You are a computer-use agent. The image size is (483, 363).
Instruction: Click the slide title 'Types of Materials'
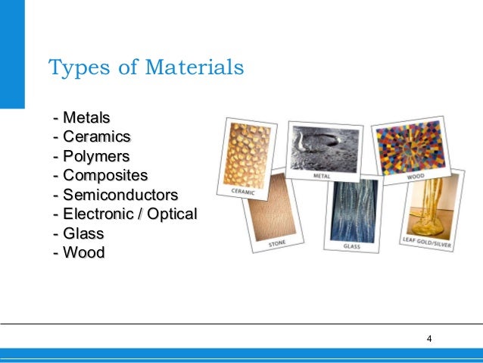pos(146,67)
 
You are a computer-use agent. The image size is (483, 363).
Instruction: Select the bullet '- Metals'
pos(82,118)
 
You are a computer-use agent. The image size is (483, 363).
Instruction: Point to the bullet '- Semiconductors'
pos(114,195)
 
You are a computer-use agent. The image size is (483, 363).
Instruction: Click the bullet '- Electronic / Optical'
pos(125,214)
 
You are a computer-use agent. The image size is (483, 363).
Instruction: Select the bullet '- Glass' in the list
pos(78,233)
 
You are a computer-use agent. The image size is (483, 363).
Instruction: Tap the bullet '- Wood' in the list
pos(79,252)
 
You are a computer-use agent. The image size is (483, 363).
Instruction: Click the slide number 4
pos(429,338)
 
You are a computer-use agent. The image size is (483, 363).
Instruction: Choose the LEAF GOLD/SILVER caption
pos(428,240)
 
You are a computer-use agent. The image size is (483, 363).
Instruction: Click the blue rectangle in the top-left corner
pos(12,53)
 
